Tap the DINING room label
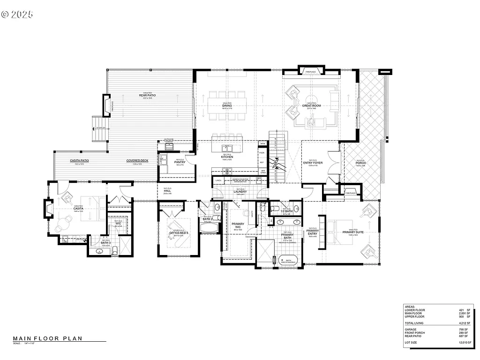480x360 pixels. click(227, 105)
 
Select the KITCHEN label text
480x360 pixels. click(227, 157)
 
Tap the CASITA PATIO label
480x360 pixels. click(79, 161)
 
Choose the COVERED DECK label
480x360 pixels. click(137, 161)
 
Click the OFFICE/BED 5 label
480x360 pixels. click(179, 233)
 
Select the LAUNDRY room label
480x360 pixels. click(240, 191)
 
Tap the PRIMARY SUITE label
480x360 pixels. click(353, 232)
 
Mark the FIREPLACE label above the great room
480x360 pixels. click(311, 72)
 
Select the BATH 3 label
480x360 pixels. click(105, 243)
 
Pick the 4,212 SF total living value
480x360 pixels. click(465, 323)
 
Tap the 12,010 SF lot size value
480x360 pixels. click(464, 343)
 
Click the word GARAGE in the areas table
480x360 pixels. click(411, 330)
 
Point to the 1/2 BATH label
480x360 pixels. click(286, 211)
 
